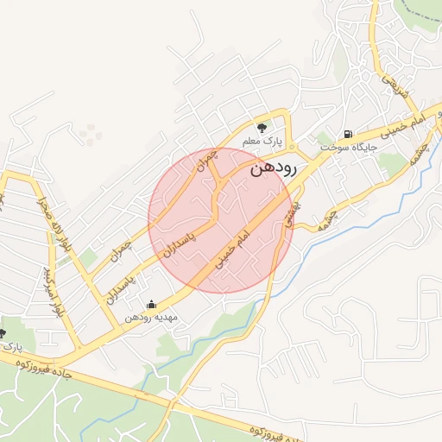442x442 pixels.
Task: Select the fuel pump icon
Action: pos(347,135)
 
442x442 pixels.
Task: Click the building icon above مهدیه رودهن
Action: pos(152,304)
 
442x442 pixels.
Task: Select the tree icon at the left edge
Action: pos(3,333)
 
